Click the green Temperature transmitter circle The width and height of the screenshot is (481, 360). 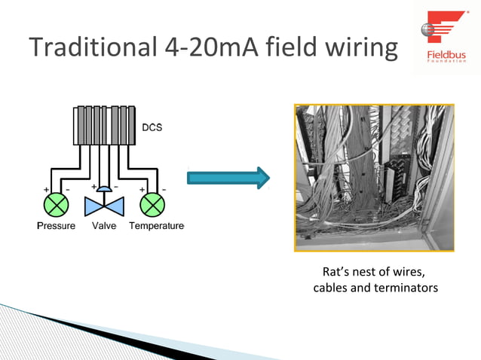click(153, 204)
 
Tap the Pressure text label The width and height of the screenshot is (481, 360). click(56, 226)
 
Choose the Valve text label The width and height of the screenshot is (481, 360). click(104, 226)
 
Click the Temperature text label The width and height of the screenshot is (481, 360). click(156, 226)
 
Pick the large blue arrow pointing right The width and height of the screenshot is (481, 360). click(228, 178)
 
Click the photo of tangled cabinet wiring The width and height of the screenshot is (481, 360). click(374, 178)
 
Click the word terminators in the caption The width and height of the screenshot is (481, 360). click(406, 288)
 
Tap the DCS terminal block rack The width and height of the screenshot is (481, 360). click(105, 125)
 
